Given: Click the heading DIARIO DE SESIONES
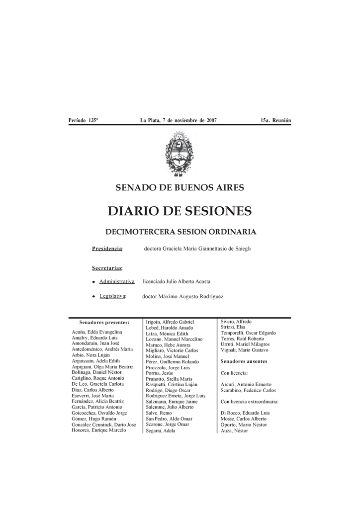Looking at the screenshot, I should point(180,212).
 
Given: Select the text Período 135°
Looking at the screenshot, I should point(84,121).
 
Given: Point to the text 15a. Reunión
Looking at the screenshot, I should point(275,121).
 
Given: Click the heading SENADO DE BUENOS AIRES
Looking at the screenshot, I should point(180,188).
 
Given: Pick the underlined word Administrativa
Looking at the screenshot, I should point(117,282).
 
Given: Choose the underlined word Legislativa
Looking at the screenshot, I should point(112,297).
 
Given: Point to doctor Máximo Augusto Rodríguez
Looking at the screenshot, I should point(183,297).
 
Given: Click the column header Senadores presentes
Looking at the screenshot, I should point(104,323).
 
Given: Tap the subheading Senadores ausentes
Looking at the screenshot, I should point(244,361).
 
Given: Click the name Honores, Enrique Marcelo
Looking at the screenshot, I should point(99,430).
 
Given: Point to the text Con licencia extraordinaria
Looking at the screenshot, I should point(250,401).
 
